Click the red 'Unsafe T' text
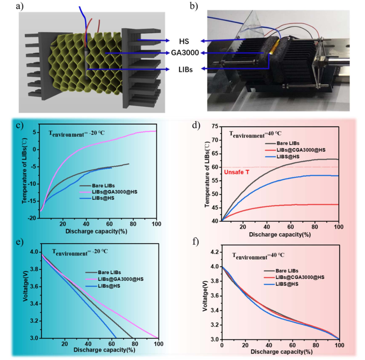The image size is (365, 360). tap(236, 172)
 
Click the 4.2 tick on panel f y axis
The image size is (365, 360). tap(214, 252)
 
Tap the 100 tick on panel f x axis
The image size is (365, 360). tap(338, 345)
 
